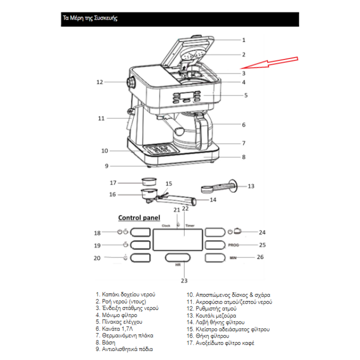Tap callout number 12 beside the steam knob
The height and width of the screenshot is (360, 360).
(x=99, y=82)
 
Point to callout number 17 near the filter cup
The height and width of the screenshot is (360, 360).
(x=113, y=182)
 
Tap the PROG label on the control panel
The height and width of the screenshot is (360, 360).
(x=233, y=245)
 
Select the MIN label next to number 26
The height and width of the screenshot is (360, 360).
(x=233, y=257)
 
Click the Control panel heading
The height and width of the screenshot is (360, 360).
(x=139, y=218)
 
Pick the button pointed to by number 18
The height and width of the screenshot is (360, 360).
(x=139, y=232)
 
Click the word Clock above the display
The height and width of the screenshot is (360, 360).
(x=166, y=226)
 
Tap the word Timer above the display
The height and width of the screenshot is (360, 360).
(x=190, y=226)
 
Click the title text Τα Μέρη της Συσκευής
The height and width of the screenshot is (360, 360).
(x=90, y=18)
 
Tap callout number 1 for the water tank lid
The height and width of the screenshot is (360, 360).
(x=243, y=40)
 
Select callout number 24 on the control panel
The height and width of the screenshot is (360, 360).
(x=262, y=232)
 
